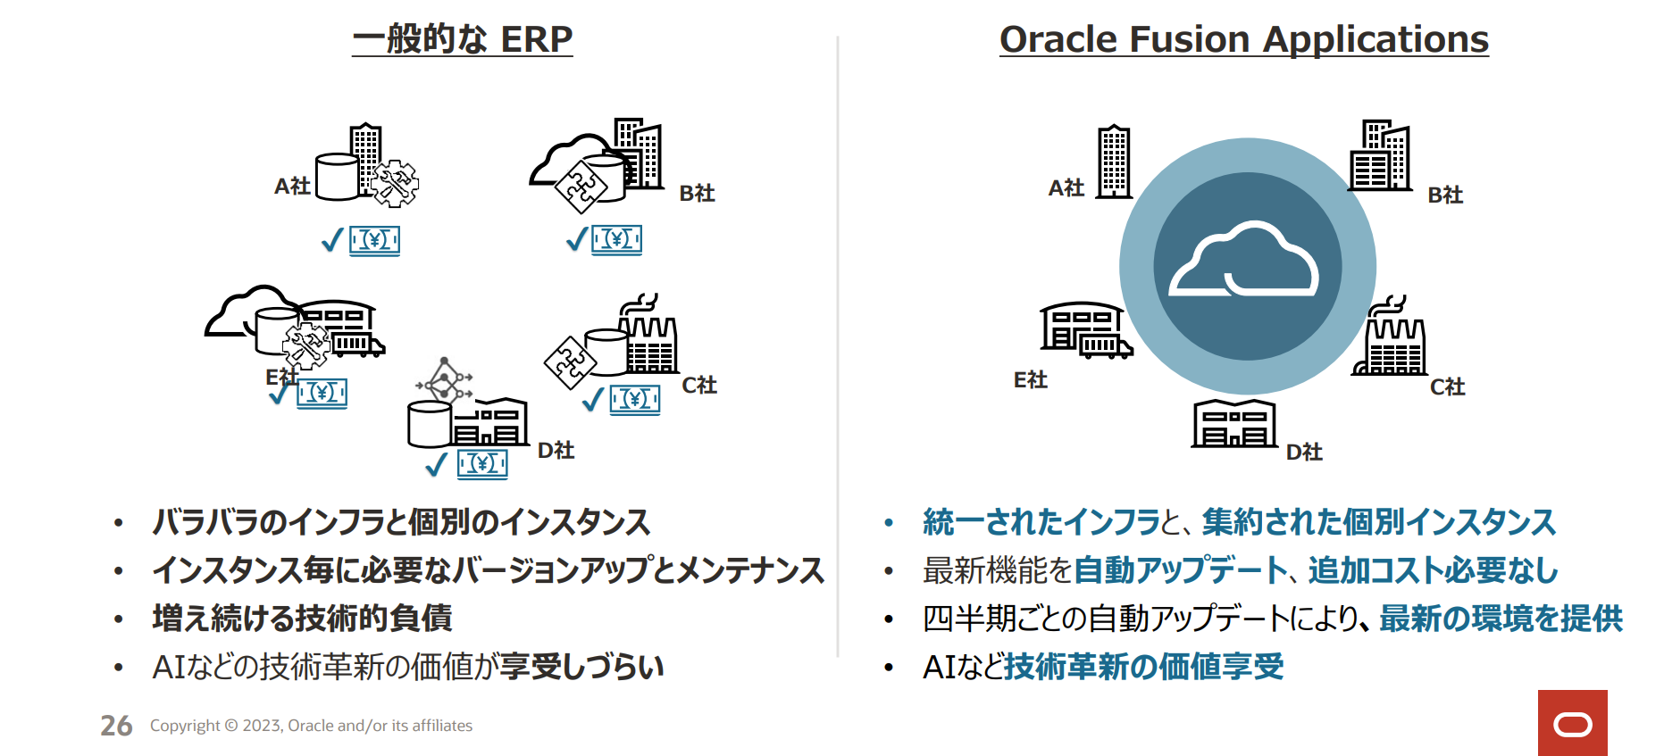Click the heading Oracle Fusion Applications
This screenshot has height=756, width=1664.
pos(1244,39)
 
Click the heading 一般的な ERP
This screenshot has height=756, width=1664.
pos(462,39)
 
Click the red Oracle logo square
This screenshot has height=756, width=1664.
pos(1572,723)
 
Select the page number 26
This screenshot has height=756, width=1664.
pos(116,726)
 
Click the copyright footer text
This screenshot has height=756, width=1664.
pos(311,726)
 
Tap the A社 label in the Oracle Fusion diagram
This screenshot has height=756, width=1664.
pos(1066,187)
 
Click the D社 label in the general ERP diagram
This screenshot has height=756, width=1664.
pos(556,450)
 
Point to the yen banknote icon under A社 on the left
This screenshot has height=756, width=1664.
pos(374,240)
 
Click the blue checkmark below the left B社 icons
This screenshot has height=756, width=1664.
pos(577,239)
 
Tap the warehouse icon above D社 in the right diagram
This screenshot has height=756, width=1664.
pos(1234,423)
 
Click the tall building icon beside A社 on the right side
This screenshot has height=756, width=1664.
pos(1114,162)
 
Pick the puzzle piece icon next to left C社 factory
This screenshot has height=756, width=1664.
pos(570,362)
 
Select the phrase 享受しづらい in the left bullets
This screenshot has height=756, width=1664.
pos(581,667)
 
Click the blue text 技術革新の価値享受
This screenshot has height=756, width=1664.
pos(1144,667)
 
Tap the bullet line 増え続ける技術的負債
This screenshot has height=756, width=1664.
pos(302,619)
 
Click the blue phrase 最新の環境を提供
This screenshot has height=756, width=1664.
pos(1501,619)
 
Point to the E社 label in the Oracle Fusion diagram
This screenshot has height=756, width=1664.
pos(1030,380)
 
